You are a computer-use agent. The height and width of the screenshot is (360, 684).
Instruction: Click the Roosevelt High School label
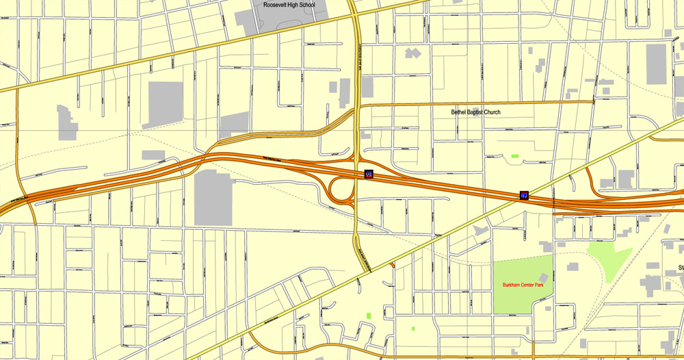coord(289,5)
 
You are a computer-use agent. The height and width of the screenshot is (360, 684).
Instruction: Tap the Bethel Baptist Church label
coord(475,112)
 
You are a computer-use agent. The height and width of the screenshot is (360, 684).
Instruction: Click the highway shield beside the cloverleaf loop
coord(369,175)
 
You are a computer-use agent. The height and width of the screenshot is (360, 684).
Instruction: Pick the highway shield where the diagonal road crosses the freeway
coord(524,196)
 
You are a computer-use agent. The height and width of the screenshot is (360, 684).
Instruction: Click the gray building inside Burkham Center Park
coord(544,277)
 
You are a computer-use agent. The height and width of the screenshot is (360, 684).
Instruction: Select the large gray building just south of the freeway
coord(214,198)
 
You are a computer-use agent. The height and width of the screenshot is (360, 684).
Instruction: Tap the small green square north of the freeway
coord(514,156)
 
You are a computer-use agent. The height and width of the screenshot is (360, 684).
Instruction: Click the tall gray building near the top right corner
coord(656,64)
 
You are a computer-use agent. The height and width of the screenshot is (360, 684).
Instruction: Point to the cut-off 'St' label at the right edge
coord(681,267)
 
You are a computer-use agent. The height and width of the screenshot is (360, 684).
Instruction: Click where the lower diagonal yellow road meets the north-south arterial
coord(369,271)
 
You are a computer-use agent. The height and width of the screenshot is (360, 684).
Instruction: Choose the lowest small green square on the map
coord(413,329)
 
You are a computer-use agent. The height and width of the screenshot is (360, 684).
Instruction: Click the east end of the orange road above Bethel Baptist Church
coord(592,103)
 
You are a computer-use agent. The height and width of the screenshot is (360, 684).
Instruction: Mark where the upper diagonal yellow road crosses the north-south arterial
coord(353,14)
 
